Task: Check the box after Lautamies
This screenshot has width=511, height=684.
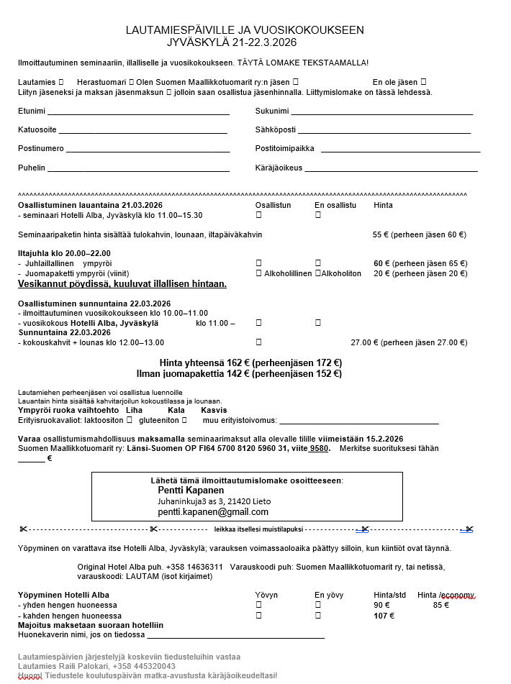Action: click(61, 83)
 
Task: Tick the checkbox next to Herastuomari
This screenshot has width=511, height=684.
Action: click(131, 83)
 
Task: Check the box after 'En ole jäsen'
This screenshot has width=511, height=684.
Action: click(423, 83)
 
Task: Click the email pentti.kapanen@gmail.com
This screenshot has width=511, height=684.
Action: click(213, 512)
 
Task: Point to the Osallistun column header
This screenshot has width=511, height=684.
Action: click(273, 205)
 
